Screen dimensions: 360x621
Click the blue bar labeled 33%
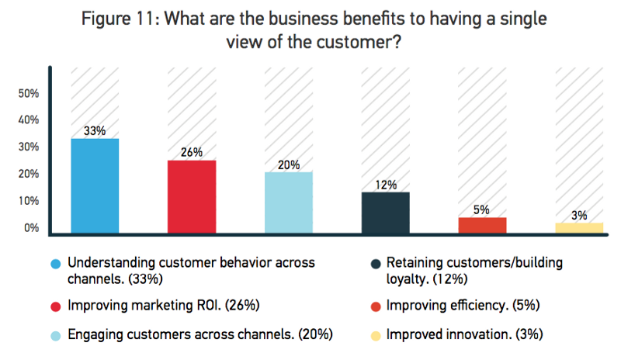[x=95, y=185]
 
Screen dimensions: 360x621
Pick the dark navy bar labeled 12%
[x=386, y=212]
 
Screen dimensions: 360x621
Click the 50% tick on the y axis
[x=29, y=93]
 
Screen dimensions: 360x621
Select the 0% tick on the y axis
[x=31, y=228]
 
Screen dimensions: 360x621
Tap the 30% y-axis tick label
[x=29, y=147]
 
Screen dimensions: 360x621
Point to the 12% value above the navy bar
[x=386, y=185]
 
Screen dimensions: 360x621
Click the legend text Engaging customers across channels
[x=200, y=334]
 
